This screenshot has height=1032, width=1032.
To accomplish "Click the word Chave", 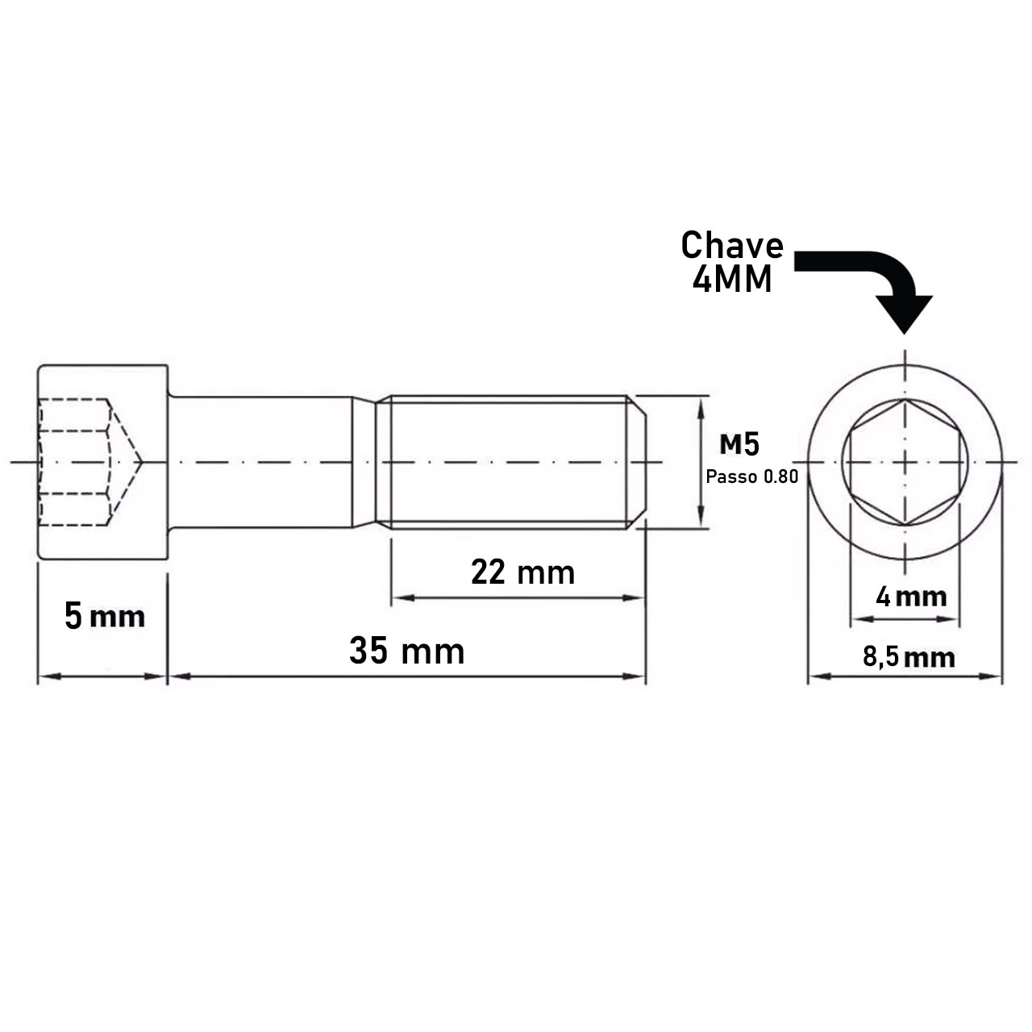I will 731,246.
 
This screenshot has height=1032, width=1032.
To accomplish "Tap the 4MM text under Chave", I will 731,280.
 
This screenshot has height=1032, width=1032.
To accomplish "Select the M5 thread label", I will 739,444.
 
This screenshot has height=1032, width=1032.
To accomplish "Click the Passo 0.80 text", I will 751,476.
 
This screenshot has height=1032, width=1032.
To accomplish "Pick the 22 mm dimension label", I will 522,573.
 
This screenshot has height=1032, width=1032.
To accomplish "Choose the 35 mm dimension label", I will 406,651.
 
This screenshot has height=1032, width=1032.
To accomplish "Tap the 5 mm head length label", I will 104,618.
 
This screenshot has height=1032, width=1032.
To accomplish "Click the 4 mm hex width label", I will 911,597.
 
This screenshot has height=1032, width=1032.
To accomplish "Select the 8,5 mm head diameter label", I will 909,657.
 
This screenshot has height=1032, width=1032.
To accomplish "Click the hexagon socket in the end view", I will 905,462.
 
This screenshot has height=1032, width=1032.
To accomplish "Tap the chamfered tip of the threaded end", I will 637,462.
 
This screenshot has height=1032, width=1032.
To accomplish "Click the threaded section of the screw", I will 508,462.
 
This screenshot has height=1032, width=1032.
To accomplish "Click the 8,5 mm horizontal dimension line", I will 905,676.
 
